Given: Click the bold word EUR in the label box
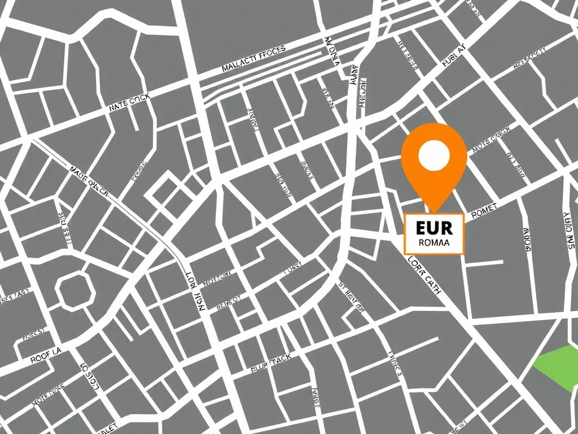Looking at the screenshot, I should (x=433, y=228).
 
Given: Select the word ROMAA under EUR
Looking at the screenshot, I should (x=434, y=243).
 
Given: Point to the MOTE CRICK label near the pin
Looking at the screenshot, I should (x=491, y=140).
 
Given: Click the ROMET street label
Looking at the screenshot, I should (x=483, y=210).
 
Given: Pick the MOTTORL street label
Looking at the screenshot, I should (x=217, y=277).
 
